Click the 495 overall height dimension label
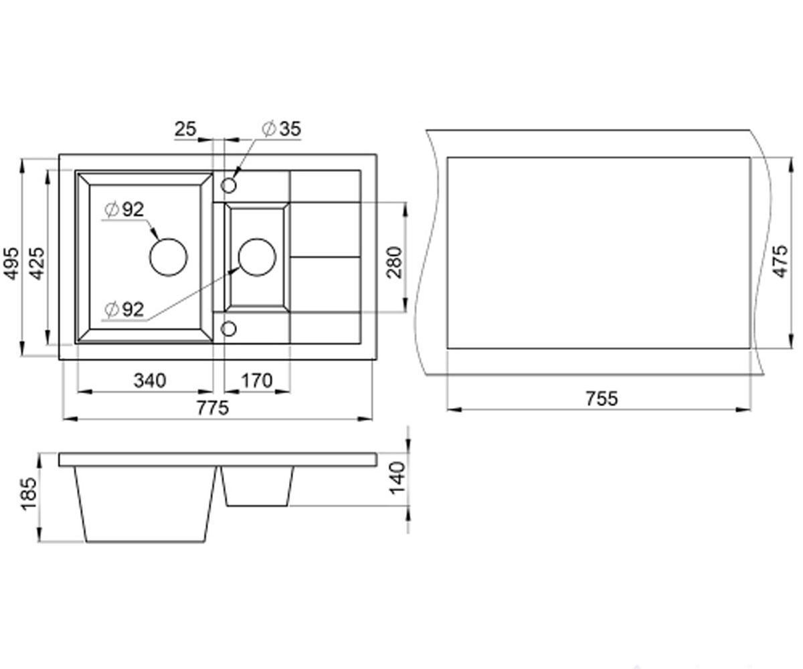click(x=11, y=264)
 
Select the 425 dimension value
click(x=37, y=264)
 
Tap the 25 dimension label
click(x=185, y=129)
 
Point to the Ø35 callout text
click(x=282, y=129)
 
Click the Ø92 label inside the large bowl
click(x=124, y=209)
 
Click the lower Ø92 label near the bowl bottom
click(x=124, y=310)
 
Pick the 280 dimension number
click(x=395, y=263)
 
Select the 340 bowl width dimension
click(x=150, y=381)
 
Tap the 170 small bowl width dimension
click(x=256, y=381)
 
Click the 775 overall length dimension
click(x=213, y=408)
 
